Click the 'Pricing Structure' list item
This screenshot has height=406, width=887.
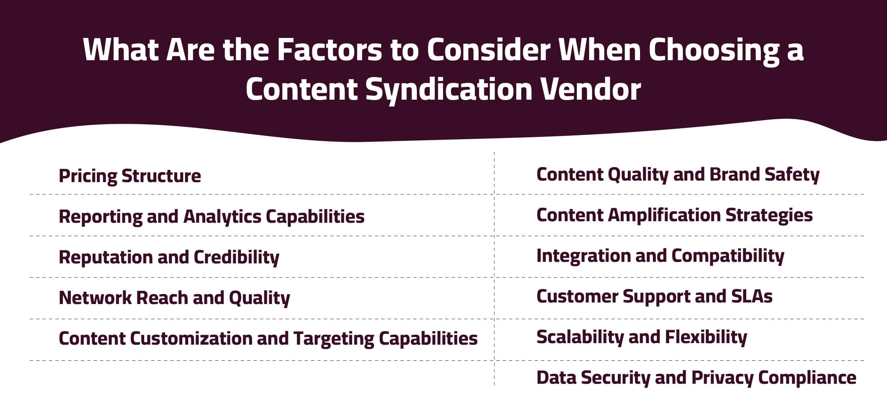tap(130, 176)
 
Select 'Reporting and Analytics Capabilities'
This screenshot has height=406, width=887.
tap(211, 217)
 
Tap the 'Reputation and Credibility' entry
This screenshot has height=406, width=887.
tap(169, 257)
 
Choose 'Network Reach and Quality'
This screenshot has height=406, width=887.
tap(174, 298)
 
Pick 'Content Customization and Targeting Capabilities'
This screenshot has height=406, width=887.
tap(268, 339)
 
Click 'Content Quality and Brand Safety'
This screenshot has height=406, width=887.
tap(678, 175)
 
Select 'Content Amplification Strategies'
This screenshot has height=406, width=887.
tap(674, 215)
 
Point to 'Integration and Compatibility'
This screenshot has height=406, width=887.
tap(660, 256)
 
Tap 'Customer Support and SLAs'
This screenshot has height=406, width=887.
tap(654, 297)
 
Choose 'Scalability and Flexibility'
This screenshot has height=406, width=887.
tap(642, 337)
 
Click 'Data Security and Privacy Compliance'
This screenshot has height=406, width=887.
tap(696, 378)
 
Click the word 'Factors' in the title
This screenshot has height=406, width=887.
tap(329, 50)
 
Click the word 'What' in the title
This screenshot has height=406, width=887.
tap(120, 50)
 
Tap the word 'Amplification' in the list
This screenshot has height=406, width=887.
tap(664, 215)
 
